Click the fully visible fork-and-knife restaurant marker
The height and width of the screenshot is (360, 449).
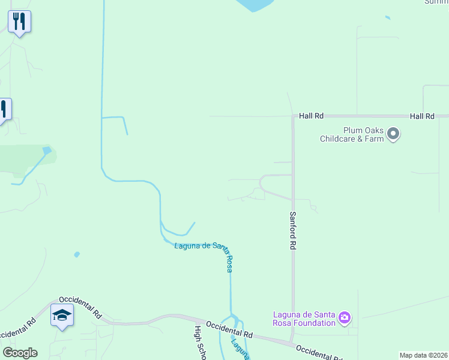tap(20, 22)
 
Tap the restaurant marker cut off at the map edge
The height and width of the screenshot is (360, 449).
tap(3, 109)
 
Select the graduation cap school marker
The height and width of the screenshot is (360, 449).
tap(62, 315)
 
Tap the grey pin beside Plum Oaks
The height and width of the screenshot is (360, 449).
tap(393, 133)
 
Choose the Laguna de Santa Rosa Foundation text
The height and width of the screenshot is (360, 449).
tap(304, 319)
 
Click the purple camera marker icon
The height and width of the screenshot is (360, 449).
tap(345, 317)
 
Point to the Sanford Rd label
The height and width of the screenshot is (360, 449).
tap(294, 230)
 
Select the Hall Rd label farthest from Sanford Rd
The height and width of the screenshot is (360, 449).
tap(422, 116)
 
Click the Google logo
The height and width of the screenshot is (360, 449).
tap(20, 353)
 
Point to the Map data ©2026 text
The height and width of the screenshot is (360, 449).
tap(423, 355)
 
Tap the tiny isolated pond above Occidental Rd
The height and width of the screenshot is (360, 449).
tap(77, 254)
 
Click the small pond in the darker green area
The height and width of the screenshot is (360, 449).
tap(47, 149)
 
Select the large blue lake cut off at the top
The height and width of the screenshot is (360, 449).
tap(255, 5)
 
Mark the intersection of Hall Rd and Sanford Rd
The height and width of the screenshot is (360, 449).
tap(294, 116)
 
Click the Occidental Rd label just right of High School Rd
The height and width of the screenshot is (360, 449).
tap(229, 328)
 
